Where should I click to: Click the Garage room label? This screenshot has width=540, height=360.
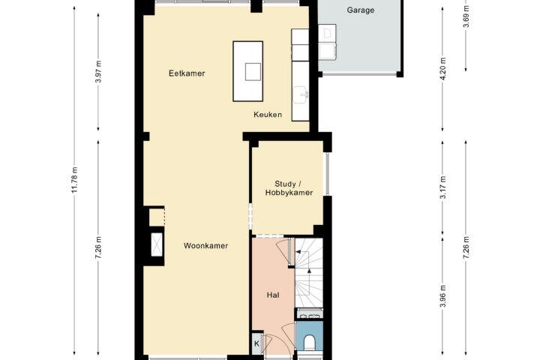click(360, 10)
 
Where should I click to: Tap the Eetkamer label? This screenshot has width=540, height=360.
click(187, 73)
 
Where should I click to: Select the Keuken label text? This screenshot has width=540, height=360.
click(268, 115)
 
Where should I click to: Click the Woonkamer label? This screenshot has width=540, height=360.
click(205, 246)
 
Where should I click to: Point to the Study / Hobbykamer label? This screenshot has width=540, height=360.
click(289, 188)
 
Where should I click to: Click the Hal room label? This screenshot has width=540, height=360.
click(273, 295)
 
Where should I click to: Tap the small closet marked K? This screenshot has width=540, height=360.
click(256, 343)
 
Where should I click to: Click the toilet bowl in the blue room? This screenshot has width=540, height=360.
click(309, 343)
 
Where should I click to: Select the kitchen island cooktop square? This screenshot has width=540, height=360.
click(253, 72)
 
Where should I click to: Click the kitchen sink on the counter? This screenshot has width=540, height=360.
click(301, 94)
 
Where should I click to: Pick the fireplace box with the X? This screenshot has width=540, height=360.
click(157, 244)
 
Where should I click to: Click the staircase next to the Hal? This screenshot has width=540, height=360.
click(309, 273)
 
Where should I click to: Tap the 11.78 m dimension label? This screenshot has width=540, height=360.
click(75, 180)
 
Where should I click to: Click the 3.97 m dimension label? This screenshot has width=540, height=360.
click(98, 72)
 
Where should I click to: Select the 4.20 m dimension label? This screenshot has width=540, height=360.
click(443, 68)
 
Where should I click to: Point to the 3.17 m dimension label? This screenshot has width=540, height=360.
click(443, 187)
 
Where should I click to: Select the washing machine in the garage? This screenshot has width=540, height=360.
click(327, 51)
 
